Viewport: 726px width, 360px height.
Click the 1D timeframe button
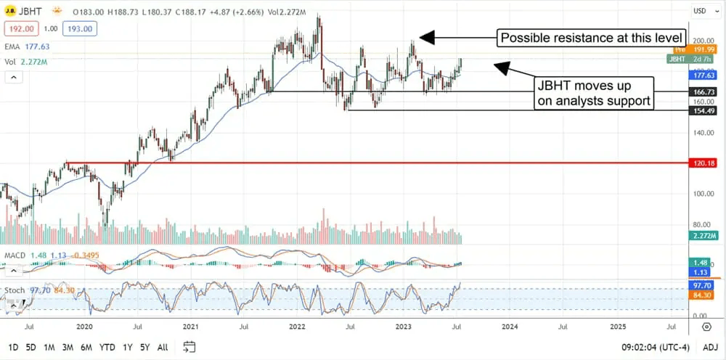[x=14, y=346]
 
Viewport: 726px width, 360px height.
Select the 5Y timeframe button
[x=144, y=346]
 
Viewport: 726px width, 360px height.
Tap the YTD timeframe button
[x=107, y=346]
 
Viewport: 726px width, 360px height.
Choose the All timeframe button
[x=163, y=346]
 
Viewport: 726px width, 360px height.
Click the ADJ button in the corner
[x=711, y=346]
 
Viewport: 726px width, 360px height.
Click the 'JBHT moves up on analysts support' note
[x=594, y=94]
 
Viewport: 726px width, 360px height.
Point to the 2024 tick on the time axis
[x=510, y=327]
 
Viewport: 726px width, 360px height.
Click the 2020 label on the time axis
[x=84, y=327]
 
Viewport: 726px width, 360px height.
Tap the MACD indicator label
[x=15, y=255]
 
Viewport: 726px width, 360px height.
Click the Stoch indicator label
[x=15, y=290]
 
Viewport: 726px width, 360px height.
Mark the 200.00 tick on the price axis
[x=701, y=41]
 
